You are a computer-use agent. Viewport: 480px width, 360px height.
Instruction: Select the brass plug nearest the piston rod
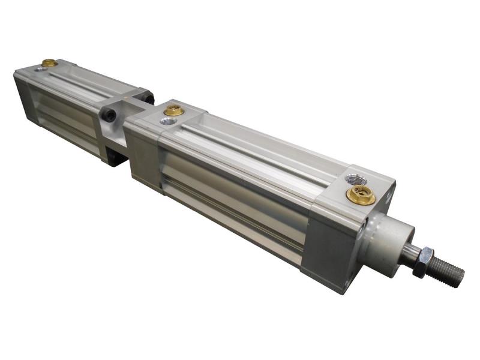pyautogui.click(x=361, y=195)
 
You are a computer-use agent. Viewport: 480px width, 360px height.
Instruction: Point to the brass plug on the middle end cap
pyautogui.click(x=173, y=110)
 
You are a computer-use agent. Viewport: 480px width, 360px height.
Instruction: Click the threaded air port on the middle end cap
pyautogui.click(x=167, y=121)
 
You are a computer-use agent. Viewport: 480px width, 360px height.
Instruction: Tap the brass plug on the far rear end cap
pyautogui.click(x=49, y=62)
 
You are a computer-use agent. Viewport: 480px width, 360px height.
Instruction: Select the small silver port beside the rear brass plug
pyautogui.click(x=40, y=69)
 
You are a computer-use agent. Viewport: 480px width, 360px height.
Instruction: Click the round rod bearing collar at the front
pyautogui.click(x=390, y=240)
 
